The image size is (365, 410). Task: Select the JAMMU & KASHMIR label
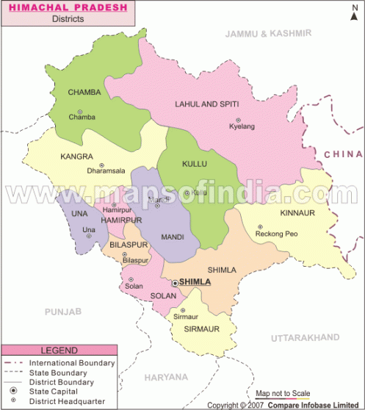pos(268,34)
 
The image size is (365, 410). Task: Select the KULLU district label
pos(194,163)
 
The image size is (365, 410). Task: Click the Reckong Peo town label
pos(276,234)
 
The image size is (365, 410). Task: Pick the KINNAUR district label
pos(297,213)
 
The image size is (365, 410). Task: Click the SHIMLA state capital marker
pos(174,282)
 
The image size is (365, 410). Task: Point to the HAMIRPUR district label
pos(121,220)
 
